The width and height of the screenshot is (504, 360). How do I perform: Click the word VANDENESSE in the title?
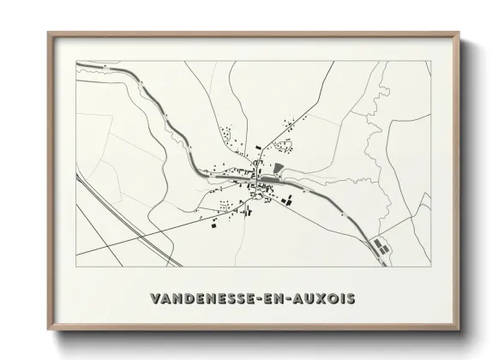(x=201, y=298)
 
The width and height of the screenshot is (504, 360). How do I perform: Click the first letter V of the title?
(x=154, y=298)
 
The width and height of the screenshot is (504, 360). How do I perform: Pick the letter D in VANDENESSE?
(x=189, y=298)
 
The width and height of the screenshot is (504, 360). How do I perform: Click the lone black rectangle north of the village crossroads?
(x=255, y=151)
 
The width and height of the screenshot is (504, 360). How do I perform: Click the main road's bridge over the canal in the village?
(x=255, y=178)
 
